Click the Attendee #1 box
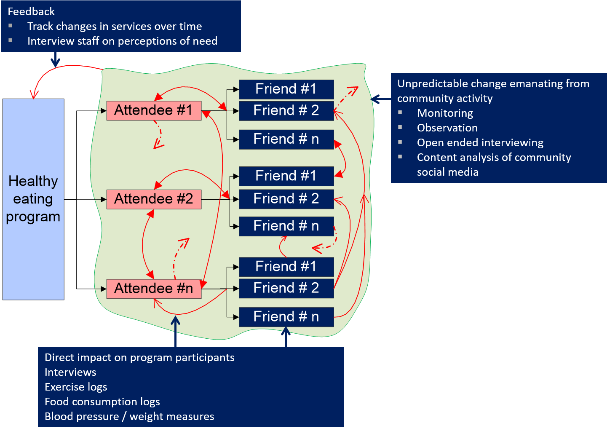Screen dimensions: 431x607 click(154, 110)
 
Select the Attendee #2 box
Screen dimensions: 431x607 click(154, 199)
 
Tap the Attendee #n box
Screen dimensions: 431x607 click(154, 289)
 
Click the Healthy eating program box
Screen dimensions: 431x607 click(33, 199)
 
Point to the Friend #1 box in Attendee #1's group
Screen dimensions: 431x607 click(286, 89)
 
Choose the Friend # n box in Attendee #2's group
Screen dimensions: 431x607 click(286, 226)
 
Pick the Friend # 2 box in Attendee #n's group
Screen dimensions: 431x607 click(286, 288)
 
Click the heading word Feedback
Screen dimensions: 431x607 click(31, 11)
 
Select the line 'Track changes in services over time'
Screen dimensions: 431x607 click(115, 26)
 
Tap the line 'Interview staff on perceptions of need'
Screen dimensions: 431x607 click(122, 41)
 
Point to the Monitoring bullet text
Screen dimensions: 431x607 click(445, 113)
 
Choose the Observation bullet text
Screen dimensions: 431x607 click(447, 128)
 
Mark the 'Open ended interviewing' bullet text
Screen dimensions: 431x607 click(480, 142)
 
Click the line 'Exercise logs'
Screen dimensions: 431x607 click(76, 387)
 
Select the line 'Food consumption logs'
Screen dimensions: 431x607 click(102, 402)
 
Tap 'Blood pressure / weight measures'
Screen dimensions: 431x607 click(129, 416)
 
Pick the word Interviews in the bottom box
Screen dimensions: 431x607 click(70, 372)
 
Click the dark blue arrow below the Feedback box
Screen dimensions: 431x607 click(55, 59)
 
